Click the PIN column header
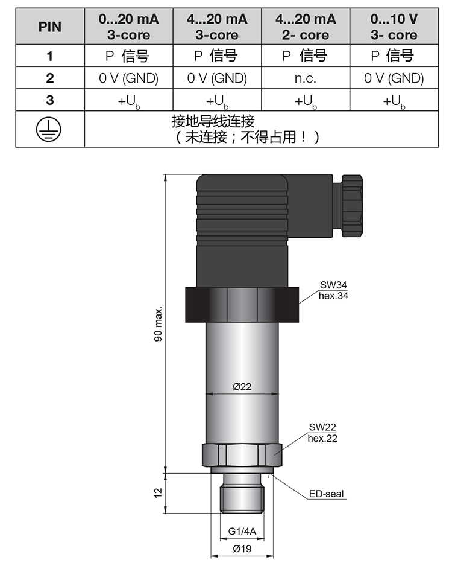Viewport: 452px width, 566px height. (49, 27)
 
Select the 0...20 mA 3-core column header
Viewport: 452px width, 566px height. (128, 27)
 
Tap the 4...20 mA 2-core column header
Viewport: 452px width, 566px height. (305, 27)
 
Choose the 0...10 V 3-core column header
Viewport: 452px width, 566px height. (394, 27)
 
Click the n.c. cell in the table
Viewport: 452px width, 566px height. (305, 78)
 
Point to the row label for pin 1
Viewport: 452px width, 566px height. (49, 56)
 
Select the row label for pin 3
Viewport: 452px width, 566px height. (49, 100)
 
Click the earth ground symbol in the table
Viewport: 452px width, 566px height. (49, 129)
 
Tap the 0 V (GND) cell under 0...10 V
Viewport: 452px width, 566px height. (394, 78)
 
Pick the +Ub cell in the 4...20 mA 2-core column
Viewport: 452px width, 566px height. (305, 101)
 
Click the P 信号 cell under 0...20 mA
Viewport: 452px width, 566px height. (128, 56)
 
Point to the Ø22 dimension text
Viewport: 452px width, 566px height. (242, 387)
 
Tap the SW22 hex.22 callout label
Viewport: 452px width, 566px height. (322, 433)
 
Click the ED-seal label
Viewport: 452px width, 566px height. (326, 494)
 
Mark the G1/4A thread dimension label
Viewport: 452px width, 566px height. (242, 531)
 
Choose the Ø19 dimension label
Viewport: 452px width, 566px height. (242, 549)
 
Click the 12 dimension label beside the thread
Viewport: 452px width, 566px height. (159, 492)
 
